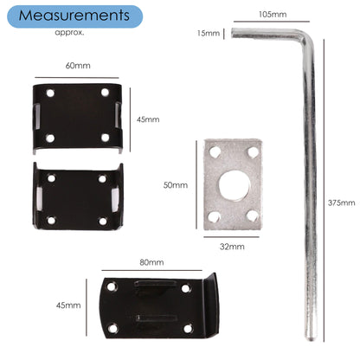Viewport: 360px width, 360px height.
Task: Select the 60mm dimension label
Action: point(78,66)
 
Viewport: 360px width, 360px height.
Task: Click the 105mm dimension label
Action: point(272,15)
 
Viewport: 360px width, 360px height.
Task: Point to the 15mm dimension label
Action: point(208,33)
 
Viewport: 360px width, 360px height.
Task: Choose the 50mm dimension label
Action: point(175,184)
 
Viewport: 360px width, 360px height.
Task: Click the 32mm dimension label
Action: point(232,247)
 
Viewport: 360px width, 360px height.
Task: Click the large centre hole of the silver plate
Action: point(233,184)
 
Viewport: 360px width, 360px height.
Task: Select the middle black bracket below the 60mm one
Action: point(77,198)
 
